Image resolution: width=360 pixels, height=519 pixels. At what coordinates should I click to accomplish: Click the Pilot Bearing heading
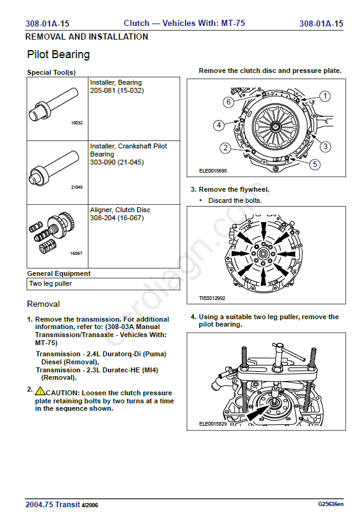58,54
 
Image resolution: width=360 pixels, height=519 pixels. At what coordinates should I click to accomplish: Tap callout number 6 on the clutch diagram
228,102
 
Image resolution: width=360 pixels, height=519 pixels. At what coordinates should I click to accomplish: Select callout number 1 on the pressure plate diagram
325,96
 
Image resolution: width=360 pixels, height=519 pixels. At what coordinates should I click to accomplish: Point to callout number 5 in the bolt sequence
315,164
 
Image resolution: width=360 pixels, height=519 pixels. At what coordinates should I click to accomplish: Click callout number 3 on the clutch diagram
325,147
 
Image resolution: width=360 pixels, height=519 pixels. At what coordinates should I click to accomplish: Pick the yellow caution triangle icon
40,391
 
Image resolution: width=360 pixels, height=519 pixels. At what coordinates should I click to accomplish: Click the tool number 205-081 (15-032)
117,90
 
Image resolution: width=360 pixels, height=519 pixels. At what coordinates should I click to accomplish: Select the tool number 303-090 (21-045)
117,162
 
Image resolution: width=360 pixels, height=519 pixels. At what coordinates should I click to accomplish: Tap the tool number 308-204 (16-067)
117,218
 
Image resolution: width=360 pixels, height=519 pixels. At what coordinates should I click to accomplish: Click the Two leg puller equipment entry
50,284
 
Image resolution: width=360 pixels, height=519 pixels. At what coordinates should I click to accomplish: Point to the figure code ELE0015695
213,171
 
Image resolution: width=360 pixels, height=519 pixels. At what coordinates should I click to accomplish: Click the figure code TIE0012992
212,298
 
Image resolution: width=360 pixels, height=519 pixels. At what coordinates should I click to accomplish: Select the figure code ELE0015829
213,424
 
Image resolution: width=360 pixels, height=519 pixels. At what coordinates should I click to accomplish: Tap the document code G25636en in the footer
331,504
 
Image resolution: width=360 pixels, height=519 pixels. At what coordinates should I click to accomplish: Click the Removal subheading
43,304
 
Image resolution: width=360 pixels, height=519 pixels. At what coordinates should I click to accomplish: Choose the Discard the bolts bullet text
235,200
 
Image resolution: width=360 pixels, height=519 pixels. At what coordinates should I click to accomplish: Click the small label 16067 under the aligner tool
76,253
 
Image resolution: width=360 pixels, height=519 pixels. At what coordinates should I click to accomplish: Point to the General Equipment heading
59,273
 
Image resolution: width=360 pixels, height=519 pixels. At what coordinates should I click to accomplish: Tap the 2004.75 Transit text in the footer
53,504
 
